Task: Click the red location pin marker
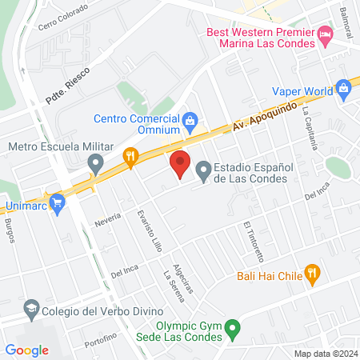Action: coord(180,163)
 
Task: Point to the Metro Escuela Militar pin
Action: coord(96,166)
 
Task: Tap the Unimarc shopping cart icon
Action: coord(57,203)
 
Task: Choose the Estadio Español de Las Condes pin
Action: coord(203,170)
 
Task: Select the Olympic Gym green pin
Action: coord(232,327)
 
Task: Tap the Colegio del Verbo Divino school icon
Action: coord(31,308)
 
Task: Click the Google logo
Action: coord(26,350)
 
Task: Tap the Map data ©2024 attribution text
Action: coord(326,354)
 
